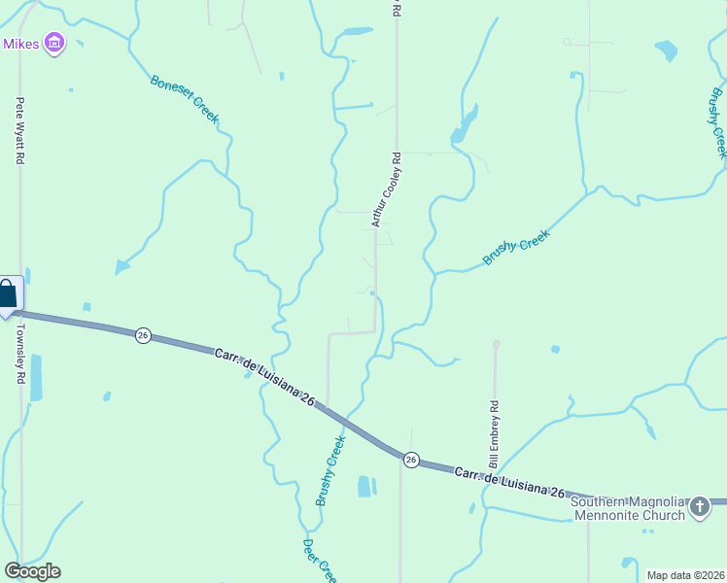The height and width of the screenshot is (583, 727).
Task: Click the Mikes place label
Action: (x=19, y=44)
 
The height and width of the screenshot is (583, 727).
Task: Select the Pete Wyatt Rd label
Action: (x=18, y=130)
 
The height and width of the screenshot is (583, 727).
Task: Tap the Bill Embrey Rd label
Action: (x=494, y=431)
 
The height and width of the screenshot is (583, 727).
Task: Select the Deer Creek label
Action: (x=319, y=561)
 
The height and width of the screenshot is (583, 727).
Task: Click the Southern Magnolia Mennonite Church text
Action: (x=628, y=507)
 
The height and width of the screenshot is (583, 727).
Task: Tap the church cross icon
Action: (x=699, y=506)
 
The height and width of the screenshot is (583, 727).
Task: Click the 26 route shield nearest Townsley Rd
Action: (x=143, y=335)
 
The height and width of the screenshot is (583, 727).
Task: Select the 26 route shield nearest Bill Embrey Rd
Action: (x=411, y=460)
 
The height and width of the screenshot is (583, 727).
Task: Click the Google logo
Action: (x=32, y=571)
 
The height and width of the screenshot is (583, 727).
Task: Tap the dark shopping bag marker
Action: (x=8, y=294)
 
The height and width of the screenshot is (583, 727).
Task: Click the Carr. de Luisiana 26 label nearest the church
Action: (x=509, y=482)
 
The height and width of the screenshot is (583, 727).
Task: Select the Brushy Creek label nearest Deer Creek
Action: (x=330, y=471)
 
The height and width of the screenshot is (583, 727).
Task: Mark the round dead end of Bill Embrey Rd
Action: (x=497, y=344)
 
